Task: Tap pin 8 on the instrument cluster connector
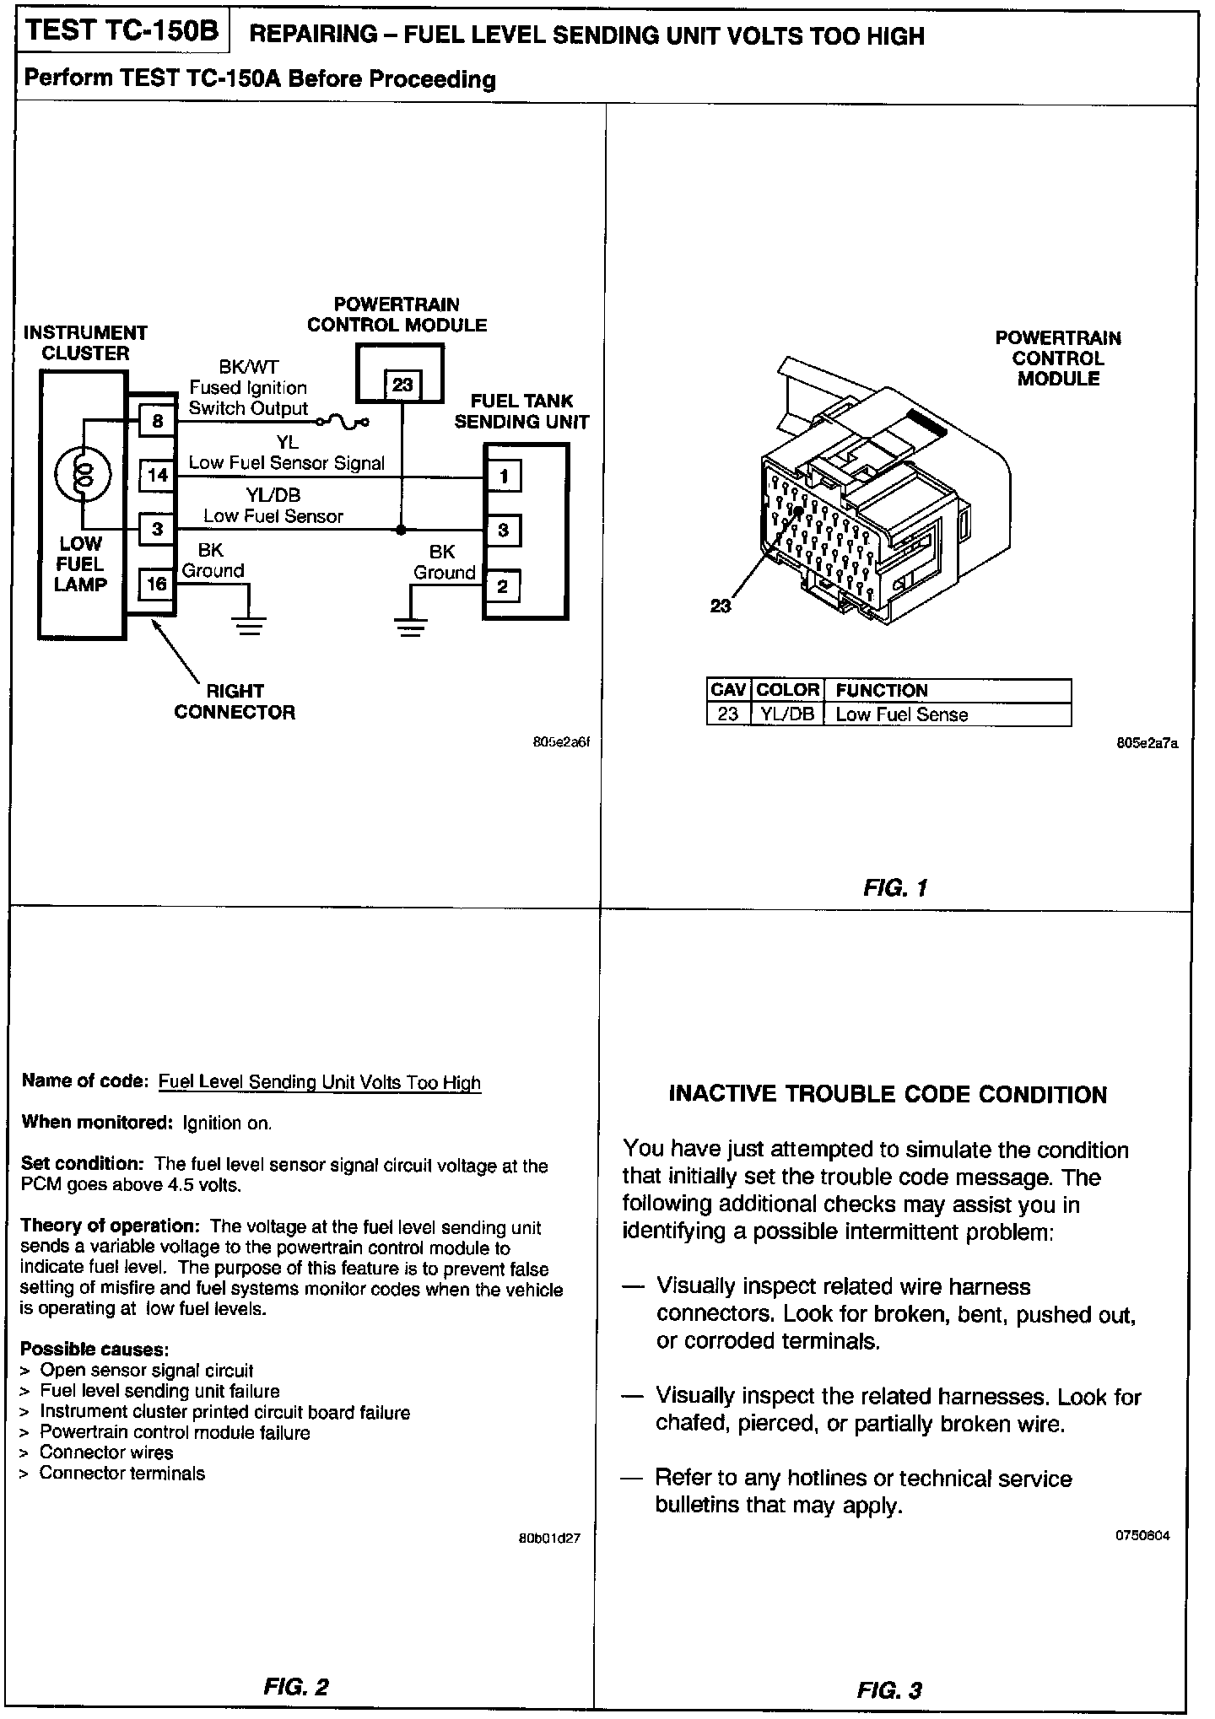(157, 421)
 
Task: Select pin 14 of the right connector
(157, 475)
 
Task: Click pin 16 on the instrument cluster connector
(157, 584)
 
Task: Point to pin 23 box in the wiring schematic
(402, 385)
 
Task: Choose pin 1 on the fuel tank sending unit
(503, 477)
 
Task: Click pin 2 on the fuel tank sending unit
(503, 586)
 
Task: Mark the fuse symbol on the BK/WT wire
(342, 419)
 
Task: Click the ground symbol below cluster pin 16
(249, 625)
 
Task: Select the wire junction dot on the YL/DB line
(401, 530)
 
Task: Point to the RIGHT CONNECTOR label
(235, 702)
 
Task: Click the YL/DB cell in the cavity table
(787, 714)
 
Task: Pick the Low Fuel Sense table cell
(901, 714)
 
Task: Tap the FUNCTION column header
(881, 690)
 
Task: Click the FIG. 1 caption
(895, 887)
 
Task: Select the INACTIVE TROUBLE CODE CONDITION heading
(888, 1095)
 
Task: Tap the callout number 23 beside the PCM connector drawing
(721, 606)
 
